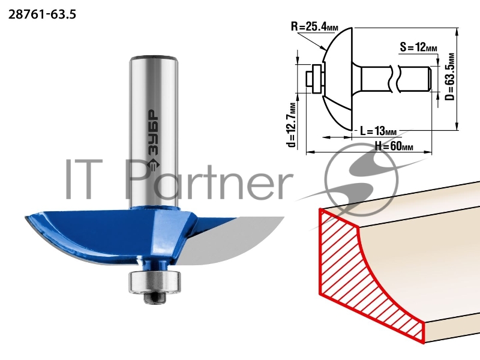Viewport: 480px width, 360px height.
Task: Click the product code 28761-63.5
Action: click(x=42, y=14)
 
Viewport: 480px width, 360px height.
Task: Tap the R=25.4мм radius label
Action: click(x=314, y=26)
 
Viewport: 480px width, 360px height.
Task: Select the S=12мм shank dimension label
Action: click(x=418, y=47)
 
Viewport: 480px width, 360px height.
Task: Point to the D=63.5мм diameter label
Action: click(x=449, y=77)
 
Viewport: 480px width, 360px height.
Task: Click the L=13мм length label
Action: click(x=378, y=131)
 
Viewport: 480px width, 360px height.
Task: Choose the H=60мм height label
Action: click(x=394, y=146)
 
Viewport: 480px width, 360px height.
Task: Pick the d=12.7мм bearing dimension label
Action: click(x=292, y=125)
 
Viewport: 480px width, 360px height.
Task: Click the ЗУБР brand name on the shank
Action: click(x=154, y=132)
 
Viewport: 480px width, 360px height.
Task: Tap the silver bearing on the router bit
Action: click(x=148, y=282)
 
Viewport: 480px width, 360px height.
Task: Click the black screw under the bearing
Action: click(x=155, y=298)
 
